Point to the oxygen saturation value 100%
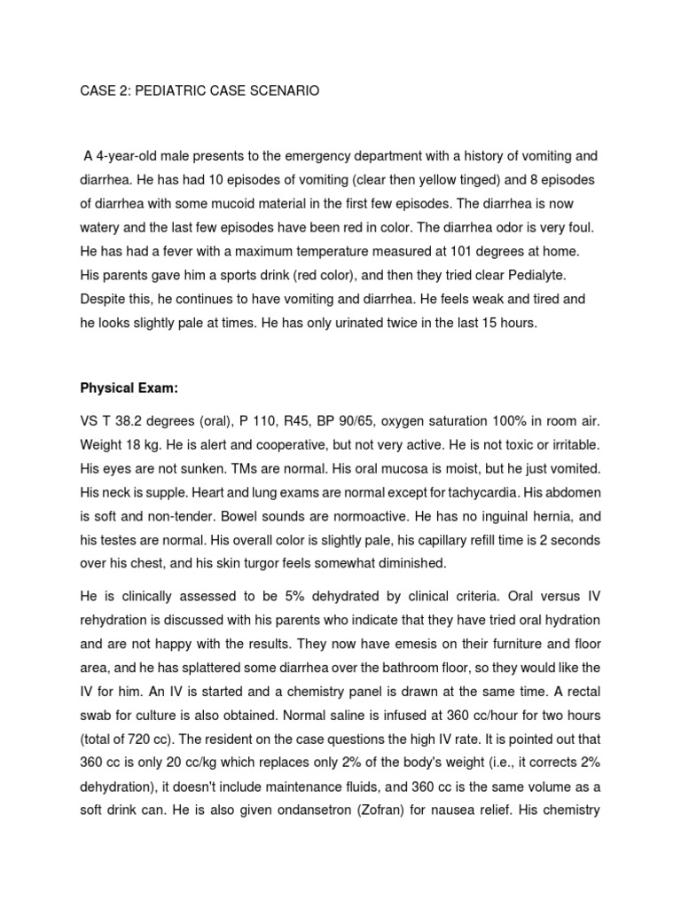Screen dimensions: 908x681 [508, 420]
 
